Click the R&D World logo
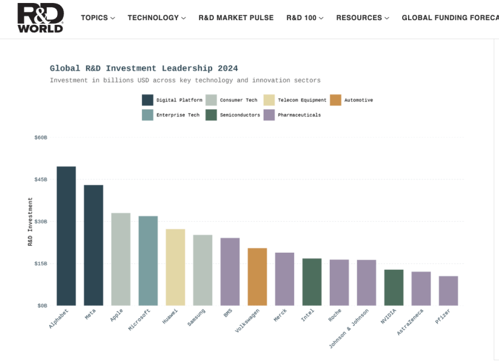40,18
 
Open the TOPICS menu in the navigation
98,18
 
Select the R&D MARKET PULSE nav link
236,18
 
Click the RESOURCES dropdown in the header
362,18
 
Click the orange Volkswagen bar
257,276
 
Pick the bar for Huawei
175,267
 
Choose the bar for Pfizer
449,291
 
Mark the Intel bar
312,282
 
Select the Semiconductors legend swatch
211,115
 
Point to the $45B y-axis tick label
40,179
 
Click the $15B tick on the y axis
40,263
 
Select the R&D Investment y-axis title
30,221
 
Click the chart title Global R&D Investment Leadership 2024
144,68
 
